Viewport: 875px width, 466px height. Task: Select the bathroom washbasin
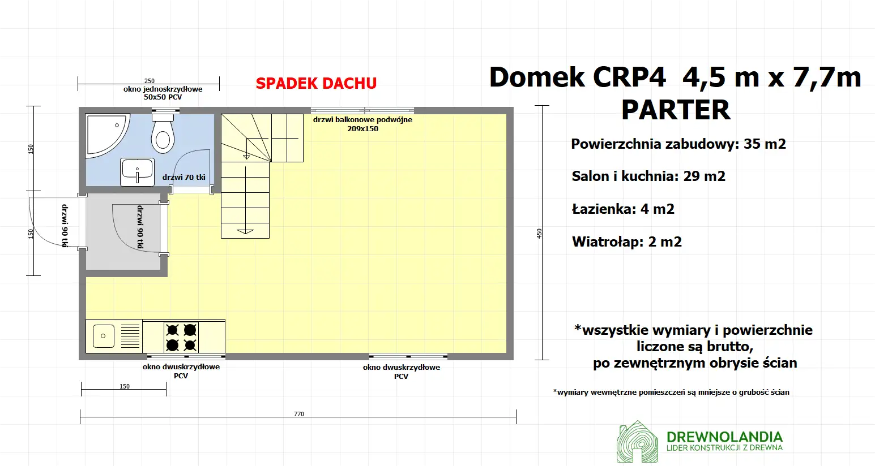[x=137, y=171]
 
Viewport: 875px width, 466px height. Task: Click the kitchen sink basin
[x=103, y=336]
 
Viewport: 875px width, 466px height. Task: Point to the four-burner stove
[x=181, y=337]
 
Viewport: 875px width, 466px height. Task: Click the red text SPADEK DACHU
[x=316, y=84]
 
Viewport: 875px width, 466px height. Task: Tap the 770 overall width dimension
[x=298, y=414]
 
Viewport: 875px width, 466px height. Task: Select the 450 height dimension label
[x=539, y=233]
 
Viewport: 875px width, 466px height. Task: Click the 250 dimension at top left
[x=149, y=81]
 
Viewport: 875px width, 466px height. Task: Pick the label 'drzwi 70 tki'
[x=183, y=178]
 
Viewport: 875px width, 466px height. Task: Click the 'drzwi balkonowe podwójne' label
[x=362, y=120]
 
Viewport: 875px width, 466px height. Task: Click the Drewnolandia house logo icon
[x=637, y=442]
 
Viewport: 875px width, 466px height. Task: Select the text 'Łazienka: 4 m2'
[x=623, y=209]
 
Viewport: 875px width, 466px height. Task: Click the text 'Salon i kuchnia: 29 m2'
[x=648, y=176]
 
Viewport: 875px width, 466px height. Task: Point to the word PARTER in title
[x=676, y=110]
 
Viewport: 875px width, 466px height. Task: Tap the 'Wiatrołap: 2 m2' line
[x=627, y=242]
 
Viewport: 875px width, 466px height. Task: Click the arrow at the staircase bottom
[x=245, y=231]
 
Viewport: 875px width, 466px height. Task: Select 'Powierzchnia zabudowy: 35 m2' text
[x=678, y=144]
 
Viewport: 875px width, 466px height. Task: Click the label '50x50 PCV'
[x=163, y=97]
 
